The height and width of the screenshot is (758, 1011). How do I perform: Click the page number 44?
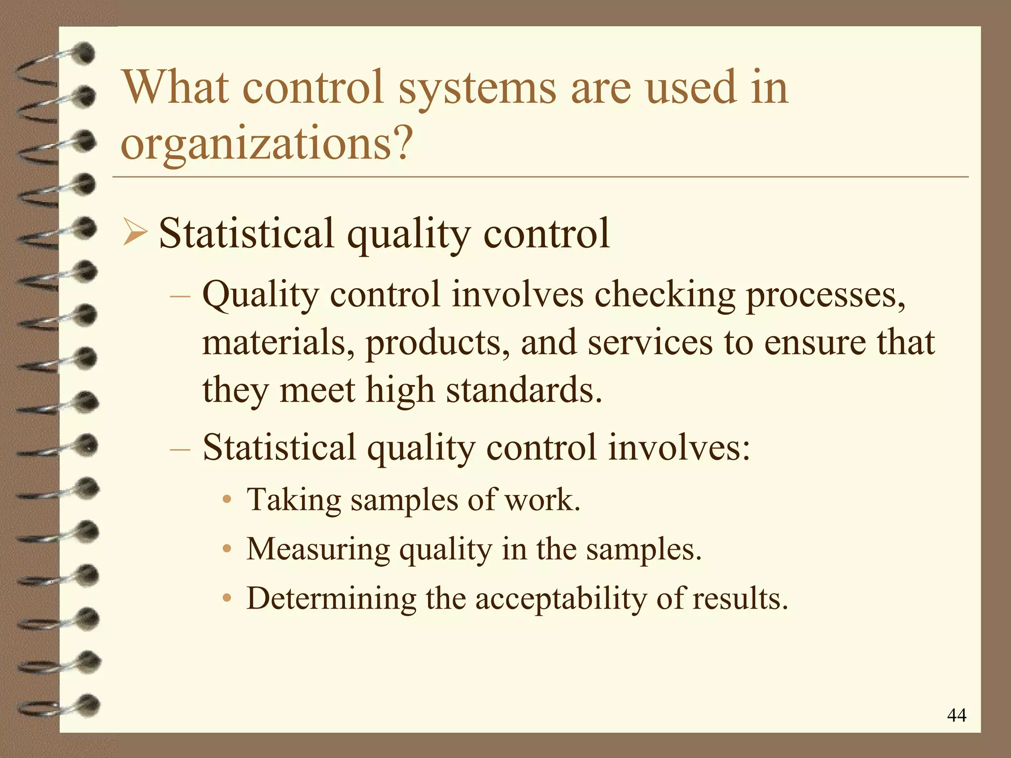[x=957, y=715]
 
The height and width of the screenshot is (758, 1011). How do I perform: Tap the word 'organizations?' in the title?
[x=267, y=144]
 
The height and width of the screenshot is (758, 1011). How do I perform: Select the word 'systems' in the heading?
[x=477, y=89]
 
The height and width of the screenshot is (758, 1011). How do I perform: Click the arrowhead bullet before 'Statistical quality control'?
[x=135, y=233]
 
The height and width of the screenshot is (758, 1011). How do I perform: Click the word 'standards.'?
[x=524, y=390]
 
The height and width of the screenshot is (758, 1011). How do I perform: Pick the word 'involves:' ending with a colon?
[x=679, y=447]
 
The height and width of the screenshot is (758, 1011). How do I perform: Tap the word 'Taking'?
[x=294, y=500]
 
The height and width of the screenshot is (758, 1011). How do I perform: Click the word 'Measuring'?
[x=318, y=550]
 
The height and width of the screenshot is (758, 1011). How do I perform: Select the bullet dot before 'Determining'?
[x=227, y=598]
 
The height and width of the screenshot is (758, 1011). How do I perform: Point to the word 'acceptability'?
[x=561, y=599]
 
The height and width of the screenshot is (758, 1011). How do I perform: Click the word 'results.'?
[x=740, y=598]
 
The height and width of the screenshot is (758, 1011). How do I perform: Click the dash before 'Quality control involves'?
[x=180, y=296]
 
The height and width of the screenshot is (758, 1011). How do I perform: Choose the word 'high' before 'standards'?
[x=400, y=390]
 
